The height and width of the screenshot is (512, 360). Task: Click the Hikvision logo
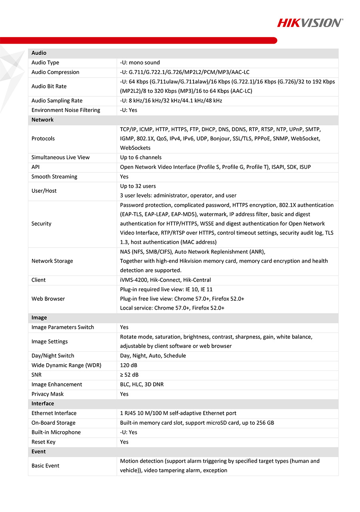coord(310,23)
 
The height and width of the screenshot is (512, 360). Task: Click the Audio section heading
coord(39,53)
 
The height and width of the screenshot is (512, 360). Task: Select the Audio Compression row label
coord(55,72)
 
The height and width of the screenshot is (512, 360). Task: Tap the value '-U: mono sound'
coord(140,62)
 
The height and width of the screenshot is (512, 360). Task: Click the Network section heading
coord(42,120)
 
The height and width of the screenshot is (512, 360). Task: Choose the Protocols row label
coord(43,138)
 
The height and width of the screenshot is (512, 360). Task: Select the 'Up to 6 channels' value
coord(141,157)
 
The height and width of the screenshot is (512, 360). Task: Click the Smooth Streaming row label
coord(54,176)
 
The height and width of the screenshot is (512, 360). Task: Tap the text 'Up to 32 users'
coord(138,186)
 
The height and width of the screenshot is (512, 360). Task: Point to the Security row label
coord(41,224)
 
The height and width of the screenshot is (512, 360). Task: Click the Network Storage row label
coord(52,261)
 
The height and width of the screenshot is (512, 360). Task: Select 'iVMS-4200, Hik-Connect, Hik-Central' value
coord(165,280)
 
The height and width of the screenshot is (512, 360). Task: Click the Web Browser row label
coord(48,298)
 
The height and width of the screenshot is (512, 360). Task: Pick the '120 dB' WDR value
coord(129,365)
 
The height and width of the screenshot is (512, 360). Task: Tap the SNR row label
coord(36,375)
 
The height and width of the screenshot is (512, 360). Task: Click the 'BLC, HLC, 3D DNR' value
coord(142,384)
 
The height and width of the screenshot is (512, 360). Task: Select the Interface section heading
coord(43,404)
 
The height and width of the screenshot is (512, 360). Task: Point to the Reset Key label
coord(44,442)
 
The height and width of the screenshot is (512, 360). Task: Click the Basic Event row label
coord(45,466)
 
